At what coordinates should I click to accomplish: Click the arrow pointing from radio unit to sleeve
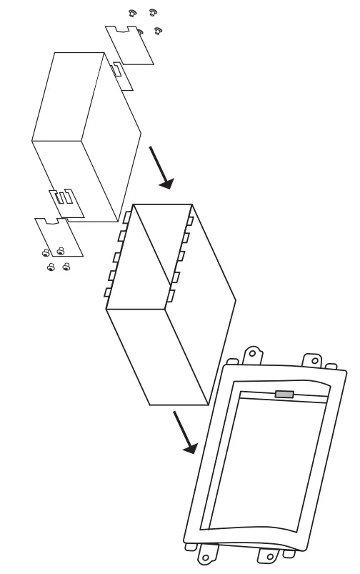click(x=160, y=167)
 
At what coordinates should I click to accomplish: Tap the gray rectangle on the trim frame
click(x=284, y=394)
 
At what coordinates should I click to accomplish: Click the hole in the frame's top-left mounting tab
click(x=251, y=352)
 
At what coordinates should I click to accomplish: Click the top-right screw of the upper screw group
click(x=151, y=13)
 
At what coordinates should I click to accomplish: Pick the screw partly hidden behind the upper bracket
click(x=139, y=31)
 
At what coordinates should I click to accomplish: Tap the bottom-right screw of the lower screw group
click(x=66, y=267)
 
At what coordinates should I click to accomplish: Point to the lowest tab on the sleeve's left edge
click(x=109, y=292)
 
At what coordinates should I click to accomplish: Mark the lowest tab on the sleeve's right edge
click(x=171, y=295)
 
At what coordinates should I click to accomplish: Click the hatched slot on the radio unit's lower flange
click(x=63, y=199)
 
